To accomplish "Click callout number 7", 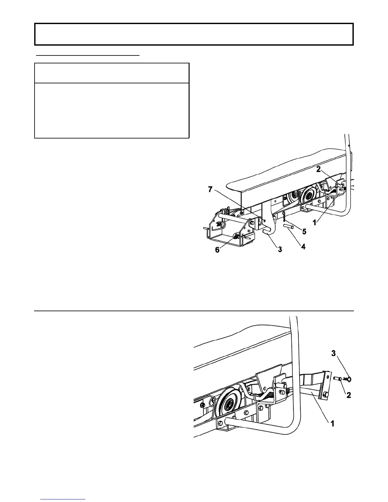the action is (x=210, y=189).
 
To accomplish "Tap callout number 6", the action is (x=217, y=250).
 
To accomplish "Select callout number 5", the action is (x=304, y=232).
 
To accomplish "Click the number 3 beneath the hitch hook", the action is (x=280, y=250).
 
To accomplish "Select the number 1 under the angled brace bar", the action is (x=333, y=423).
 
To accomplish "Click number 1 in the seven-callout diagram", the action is (x=314, y=223).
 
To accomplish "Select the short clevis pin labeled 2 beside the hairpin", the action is (x=337, y=378).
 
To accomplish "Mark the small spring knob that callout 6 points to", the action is (x=236, y=236).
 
